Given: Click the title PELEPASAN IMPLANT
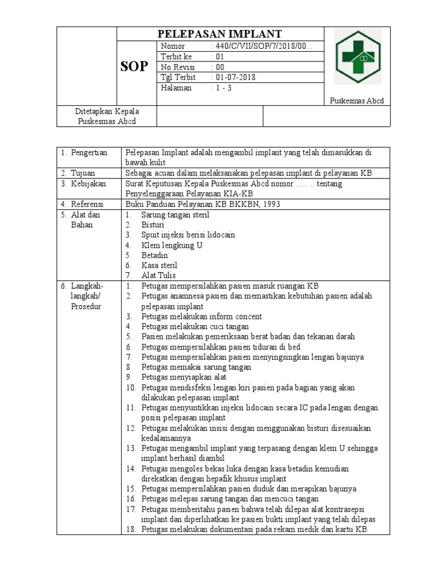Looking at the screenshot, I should [220, 34].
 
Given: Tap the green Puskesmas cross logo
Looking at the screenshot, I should [358, 57].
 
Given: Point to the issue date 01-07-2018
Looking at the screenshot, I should [234, 77].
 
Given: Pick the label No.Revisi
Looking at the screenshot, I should [178, 67].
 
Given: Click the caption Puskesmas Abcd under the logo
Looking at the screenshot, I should [357, 101].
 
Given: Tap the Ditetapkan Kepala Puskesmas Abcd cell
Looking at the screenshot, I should [108, 116].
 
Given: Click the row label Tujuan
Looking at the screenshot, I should [83, 173].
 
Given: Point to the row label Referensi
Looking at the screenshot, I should [86, 204].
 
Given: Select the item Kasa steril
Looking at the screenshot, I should [159, 265].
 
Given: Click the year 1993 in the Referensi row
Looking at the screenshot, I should [270, 204].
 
